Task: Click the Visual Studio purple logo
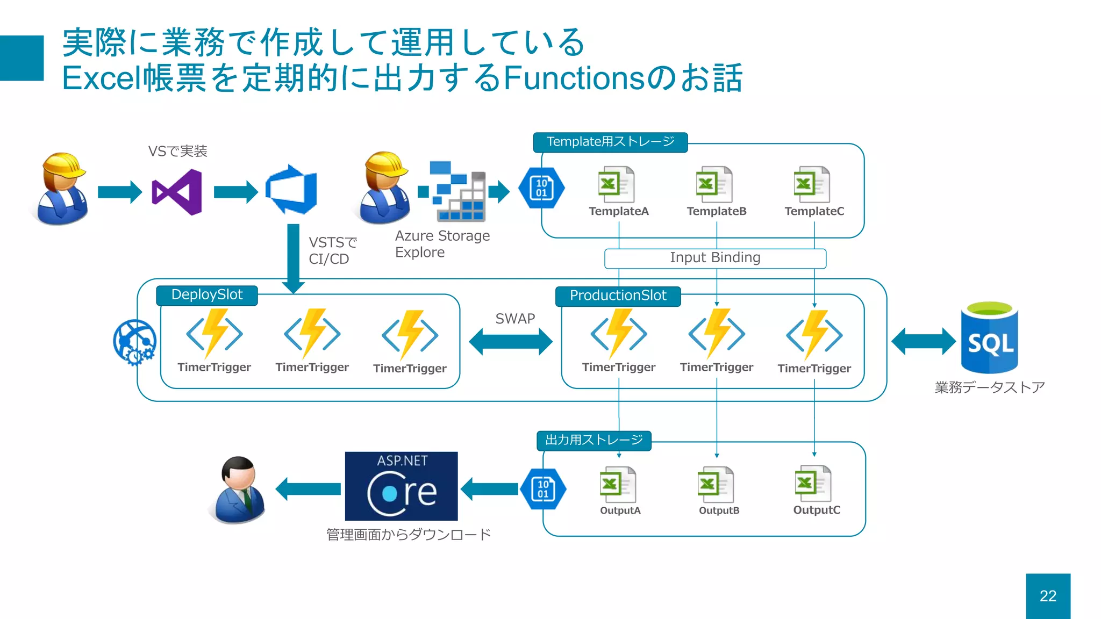177,192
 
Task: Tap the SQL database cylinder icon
989,339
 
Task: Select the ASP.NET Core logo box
401,486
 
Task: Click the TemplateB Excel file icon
714,184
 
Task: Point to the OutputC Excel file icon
813,483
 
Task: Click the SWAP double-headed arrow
511,342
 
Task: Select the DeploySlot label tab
207,295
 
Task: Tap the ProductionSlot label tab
618,296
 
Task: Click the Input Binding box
715,258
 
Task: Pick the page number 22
1048,596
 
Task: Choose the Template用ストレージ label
610,142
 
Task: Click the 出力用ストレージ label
594,440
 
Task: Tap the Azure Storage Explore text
442,244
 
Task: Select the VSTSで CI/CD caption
332,251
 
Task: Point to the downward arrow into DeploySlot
293,258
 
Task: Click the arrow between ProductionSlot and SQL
923,341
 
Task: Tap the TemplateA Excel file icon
616,184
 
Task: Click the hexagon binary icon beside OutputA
543,489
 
